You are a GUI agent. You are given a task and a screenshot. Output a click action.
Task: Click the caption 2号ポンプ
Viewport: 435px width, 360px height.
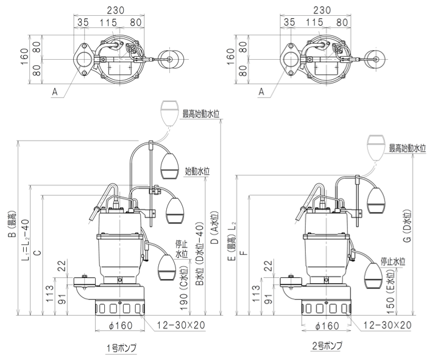(327, 346)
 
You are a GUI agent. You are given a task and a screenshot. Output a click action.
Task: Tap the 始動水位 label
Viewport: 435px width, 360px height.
(198, 172)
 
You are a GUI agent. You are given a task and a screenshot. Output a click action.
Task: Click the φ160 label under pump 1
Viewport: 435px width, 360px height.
(119, 325)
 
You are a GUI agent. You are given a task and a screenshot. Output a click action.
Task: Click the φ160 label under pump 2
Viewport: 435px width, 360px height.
(327, 325)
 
